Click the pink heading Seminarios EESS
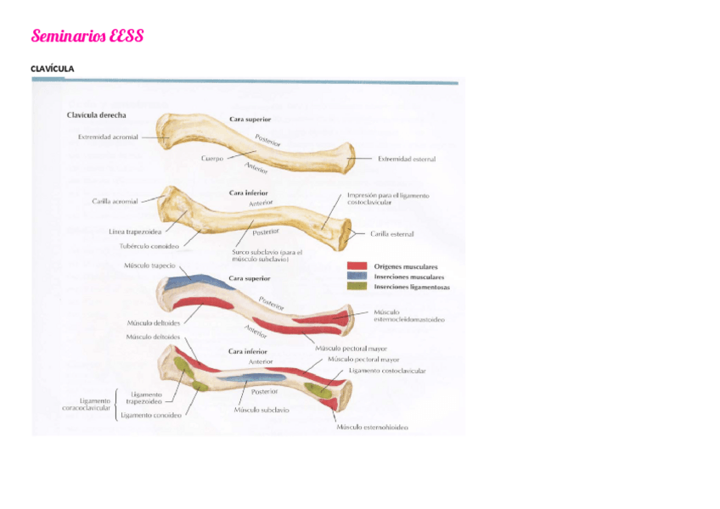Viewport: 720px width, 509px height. pyautogui.click(x=87, y=36)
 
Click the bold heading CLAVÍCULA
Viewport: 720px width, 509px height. pyautogui.click(x=53, y=68)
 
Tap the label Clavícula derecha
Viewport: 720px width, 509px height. pyautogui.click(x=98, y=115)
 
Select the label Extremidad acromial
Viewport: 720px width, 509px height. pyautogui.click(x=101, y=136)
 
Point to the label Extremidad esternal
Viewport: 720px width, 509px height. pyautogui.click(x=407, y=159)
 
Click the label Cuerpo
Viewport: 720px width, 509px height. pyautogui.click(x=212, y=158)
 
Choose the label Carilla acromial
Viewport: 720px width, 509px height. pyautogui.click(x=115, y=201)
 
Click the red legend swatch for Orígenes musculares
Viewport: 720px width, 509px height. pyautogui.click(x=357, y=266)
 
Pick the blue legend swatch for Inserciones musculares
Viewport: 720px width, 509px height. pyautogui.click(x=357, y=277)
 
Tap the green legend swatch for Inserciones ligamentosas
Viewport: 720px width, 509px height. pyautogui.click(x=357, y=287)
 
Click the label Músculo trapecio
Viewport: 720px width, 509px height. pyautogui.click(x=149, y=266)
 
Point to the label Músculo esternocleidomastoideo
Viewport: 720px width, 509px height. pyautogui.click(x=408, y=316)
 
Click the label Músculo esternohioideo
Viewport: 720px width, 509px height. pyautogui.click(x=372, y=427)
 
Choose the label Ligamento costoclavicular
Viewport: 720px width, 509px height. pyautogui.click(x=386, y=371)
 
